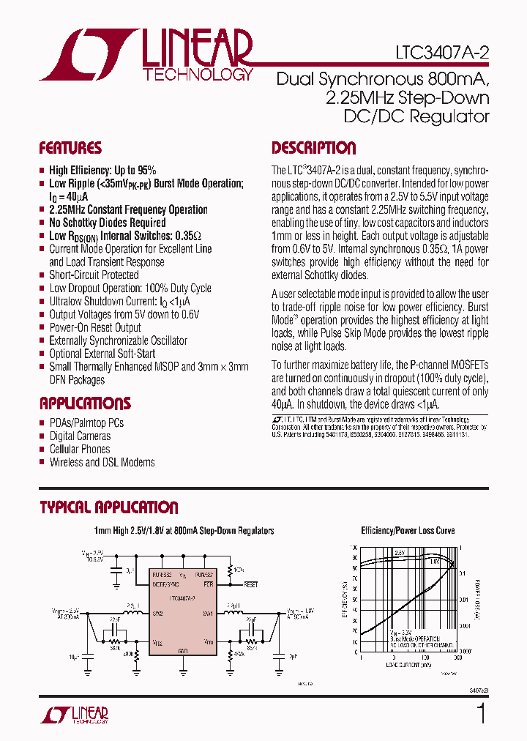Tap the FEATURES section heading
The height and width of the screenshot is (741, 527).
70,148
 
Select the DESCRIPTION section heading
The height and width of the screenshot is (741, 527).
313,148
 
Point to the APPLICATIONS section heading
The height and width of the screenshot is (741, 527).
85,403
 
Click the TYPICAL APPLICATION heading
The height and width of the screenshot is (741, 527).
108,507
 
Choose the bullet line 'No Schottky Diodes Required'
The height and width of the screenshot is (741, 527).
107,223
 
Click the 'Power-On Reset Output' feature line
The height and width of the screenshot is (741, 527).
95,327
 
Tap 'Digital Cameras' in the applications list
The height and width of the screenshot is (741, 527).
80,436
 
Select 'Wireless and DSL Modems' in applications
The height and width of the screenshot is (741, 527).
102,462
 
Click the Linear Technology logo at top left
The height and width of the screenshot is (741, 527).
146,55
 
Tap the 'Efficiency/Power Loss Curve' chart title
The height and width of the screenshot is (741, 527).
408,531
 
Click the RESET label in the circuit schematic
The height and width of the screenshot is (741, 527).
251,585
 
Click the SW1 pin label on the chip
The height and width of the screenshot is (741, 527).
207,614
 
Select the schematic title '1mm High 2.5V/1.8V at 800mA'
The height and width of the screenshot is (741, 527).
184,531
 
